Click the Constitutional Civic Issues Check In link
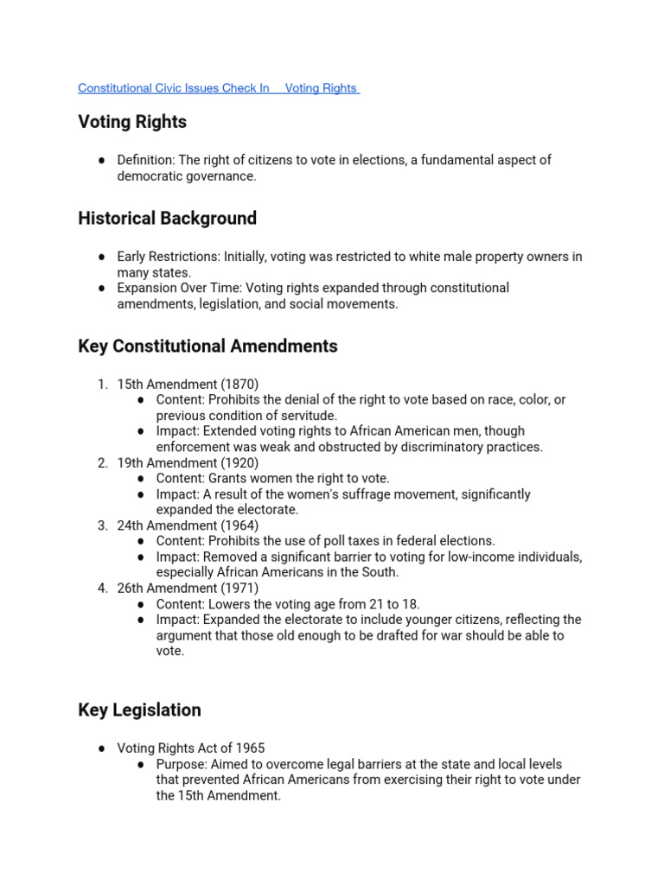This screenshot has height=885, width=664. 173,88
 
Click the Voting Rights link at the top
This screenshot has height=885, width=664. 321,88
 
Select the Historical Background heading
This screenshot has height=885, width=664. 167,219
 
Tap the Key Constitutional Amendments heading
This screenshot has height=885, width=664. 207,347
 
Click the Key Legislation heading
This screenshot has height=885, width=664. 139,710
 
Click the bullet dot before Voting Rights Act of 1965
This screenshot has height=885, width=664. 102,748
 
